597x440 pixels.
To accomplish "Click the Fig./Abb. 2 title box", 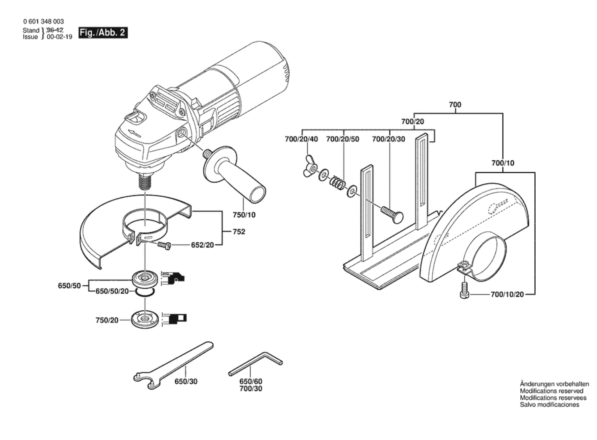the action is point(103,33).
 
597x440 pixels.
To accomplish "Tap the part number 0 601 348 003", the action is point(44,21).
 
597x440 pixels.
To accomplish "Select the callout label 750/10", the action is point(244,215).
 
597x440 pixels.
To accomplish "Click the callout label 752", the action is point(239,232).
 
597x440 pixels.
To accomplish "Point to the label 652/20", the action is point(203,245).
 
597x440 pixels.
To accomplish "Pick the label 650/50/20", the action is point(112,291).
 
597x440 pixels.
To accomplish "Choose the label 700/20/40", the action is point(301,139).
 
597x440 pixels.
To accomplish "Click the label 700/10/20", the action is point(507,294).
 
